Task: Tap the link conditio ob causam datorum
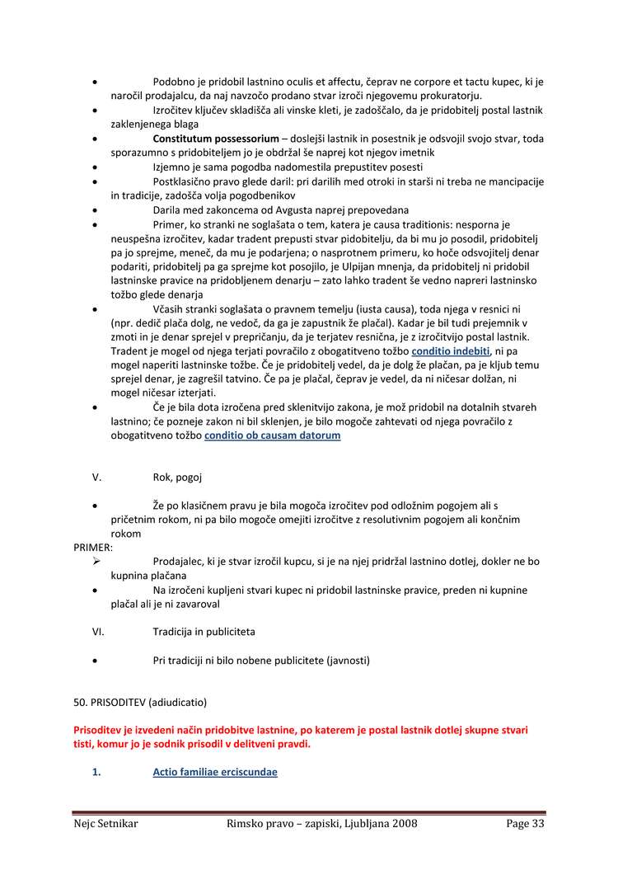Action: [272, 435]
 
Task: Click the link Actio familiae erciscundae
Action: [215, 772]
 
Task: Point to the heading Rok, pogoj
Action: [177, 477]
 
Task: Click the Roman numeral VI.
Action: [98, 632]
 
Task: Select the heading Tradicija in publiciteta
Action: [204, 632]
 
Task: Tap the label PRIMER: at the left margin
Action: [93, 547]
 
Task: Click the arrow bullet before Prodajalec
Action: [96, 561]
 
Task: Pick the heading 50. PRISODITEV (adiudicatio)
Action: [140, 703]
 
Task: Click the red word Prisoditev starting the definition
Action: [100, 730]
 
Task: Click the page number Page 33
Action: [525, 824]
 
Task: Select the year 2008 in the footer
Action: [402, 824]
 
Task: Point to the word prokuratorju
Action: [449, 96]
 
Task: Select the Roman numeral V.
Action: [96, 477]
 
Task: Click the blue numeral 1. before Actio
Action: [96, 772]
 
